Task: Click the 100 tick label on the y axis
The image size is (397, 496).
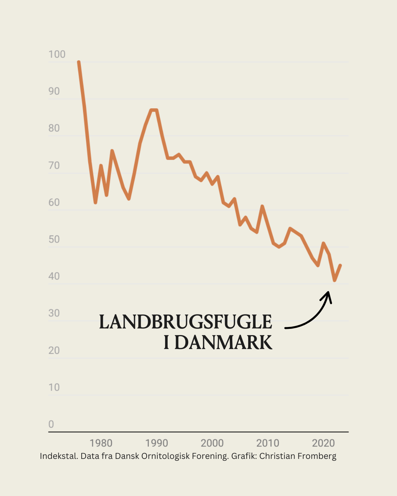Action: tap(57, 54)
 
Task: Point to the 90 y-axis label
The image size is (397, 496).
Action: tap(54, 91)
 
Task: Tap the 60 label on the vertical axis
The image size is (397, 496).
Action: tap(54, 202)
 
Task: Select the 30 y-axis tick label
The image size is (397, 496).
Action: tap(54, 313)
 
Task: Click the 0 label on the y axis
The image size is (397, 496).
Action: tap(51, 424)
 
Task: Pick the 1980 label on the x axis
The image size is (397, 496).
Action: tap(101, 443)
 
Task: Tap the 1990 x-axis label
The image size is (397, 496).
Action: tap(157, 443)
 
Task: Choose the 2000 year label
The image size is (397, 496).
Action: tap(212, 443)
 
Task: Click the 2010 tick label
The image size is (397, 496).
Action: tap(268, 443)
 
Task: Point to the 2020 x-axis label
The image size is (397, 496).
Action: tap(323, 443)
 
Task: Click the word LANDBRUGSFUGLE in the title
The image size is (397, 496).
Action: tap(186, 322)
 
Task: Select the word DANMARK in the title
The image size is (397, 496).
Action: tap(223, 342)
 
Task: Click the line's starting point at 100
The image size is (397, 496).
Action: tap(79, 62)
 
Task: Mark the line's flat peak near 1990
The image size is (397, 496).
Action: tap(154, 110)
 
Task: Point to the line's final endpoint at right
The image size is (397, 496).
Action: tap(340, 265)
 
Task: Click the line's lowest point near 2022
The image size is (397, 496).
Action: tap(335, 280)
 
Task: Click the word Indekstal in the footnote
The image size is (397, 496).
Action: tap(58, 456)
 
